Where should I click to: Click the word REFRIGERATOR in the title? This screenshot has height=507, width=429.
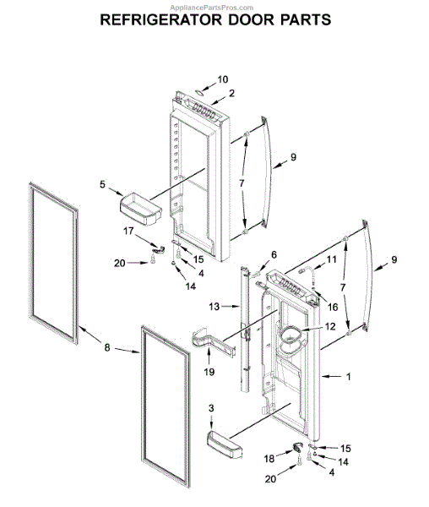pyautogui.click(x=160, y=19)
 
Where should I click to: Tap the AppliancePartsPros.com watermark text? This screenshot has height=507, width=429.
pyautogui.click(x=383, y=4)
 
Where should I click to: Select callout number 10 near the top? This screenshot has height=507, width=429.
pyautogui.click(x=223, y=79)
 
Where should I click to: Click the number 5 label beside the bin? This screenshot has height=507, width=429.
pyautogui.click(x=103, y=184)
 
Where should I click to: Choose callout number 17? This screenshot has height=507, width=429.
pyautogui.click(x=129, y=231)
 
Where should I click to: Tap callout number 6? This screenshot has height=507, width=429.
pyautogui.click(x=274, y=254)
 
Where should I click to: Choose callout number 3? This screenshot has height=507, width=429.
pyautogui.click(x=212, y=408)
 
